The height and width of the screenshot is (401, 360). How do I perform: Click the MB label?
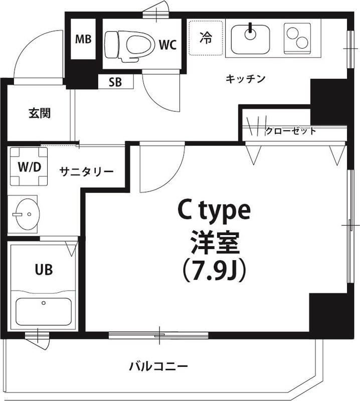coord(83,40)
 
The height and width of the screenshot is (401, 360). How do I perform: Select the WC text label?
coord(167,45)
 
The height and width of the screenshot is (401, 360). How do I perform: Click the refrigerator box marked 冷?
coord(206,38)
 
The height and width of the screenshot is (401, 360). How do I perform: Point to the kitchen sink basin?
coord(250,38)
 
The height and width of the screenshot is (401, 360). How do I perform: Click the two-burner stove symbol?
coord(297,37)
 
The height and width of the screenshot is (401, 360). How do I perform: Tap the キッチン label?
coord(245,78)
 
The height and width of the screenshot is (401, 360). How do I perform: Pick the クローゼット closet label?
coord(290,131)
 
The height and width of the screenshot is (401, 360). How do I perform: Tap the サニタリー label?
coord(87,172)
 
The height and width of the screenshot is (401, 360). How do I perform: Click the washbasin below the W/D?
coord(25,214)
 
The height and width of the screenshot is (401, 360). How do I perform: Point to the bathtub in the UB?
coord(43,311)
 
